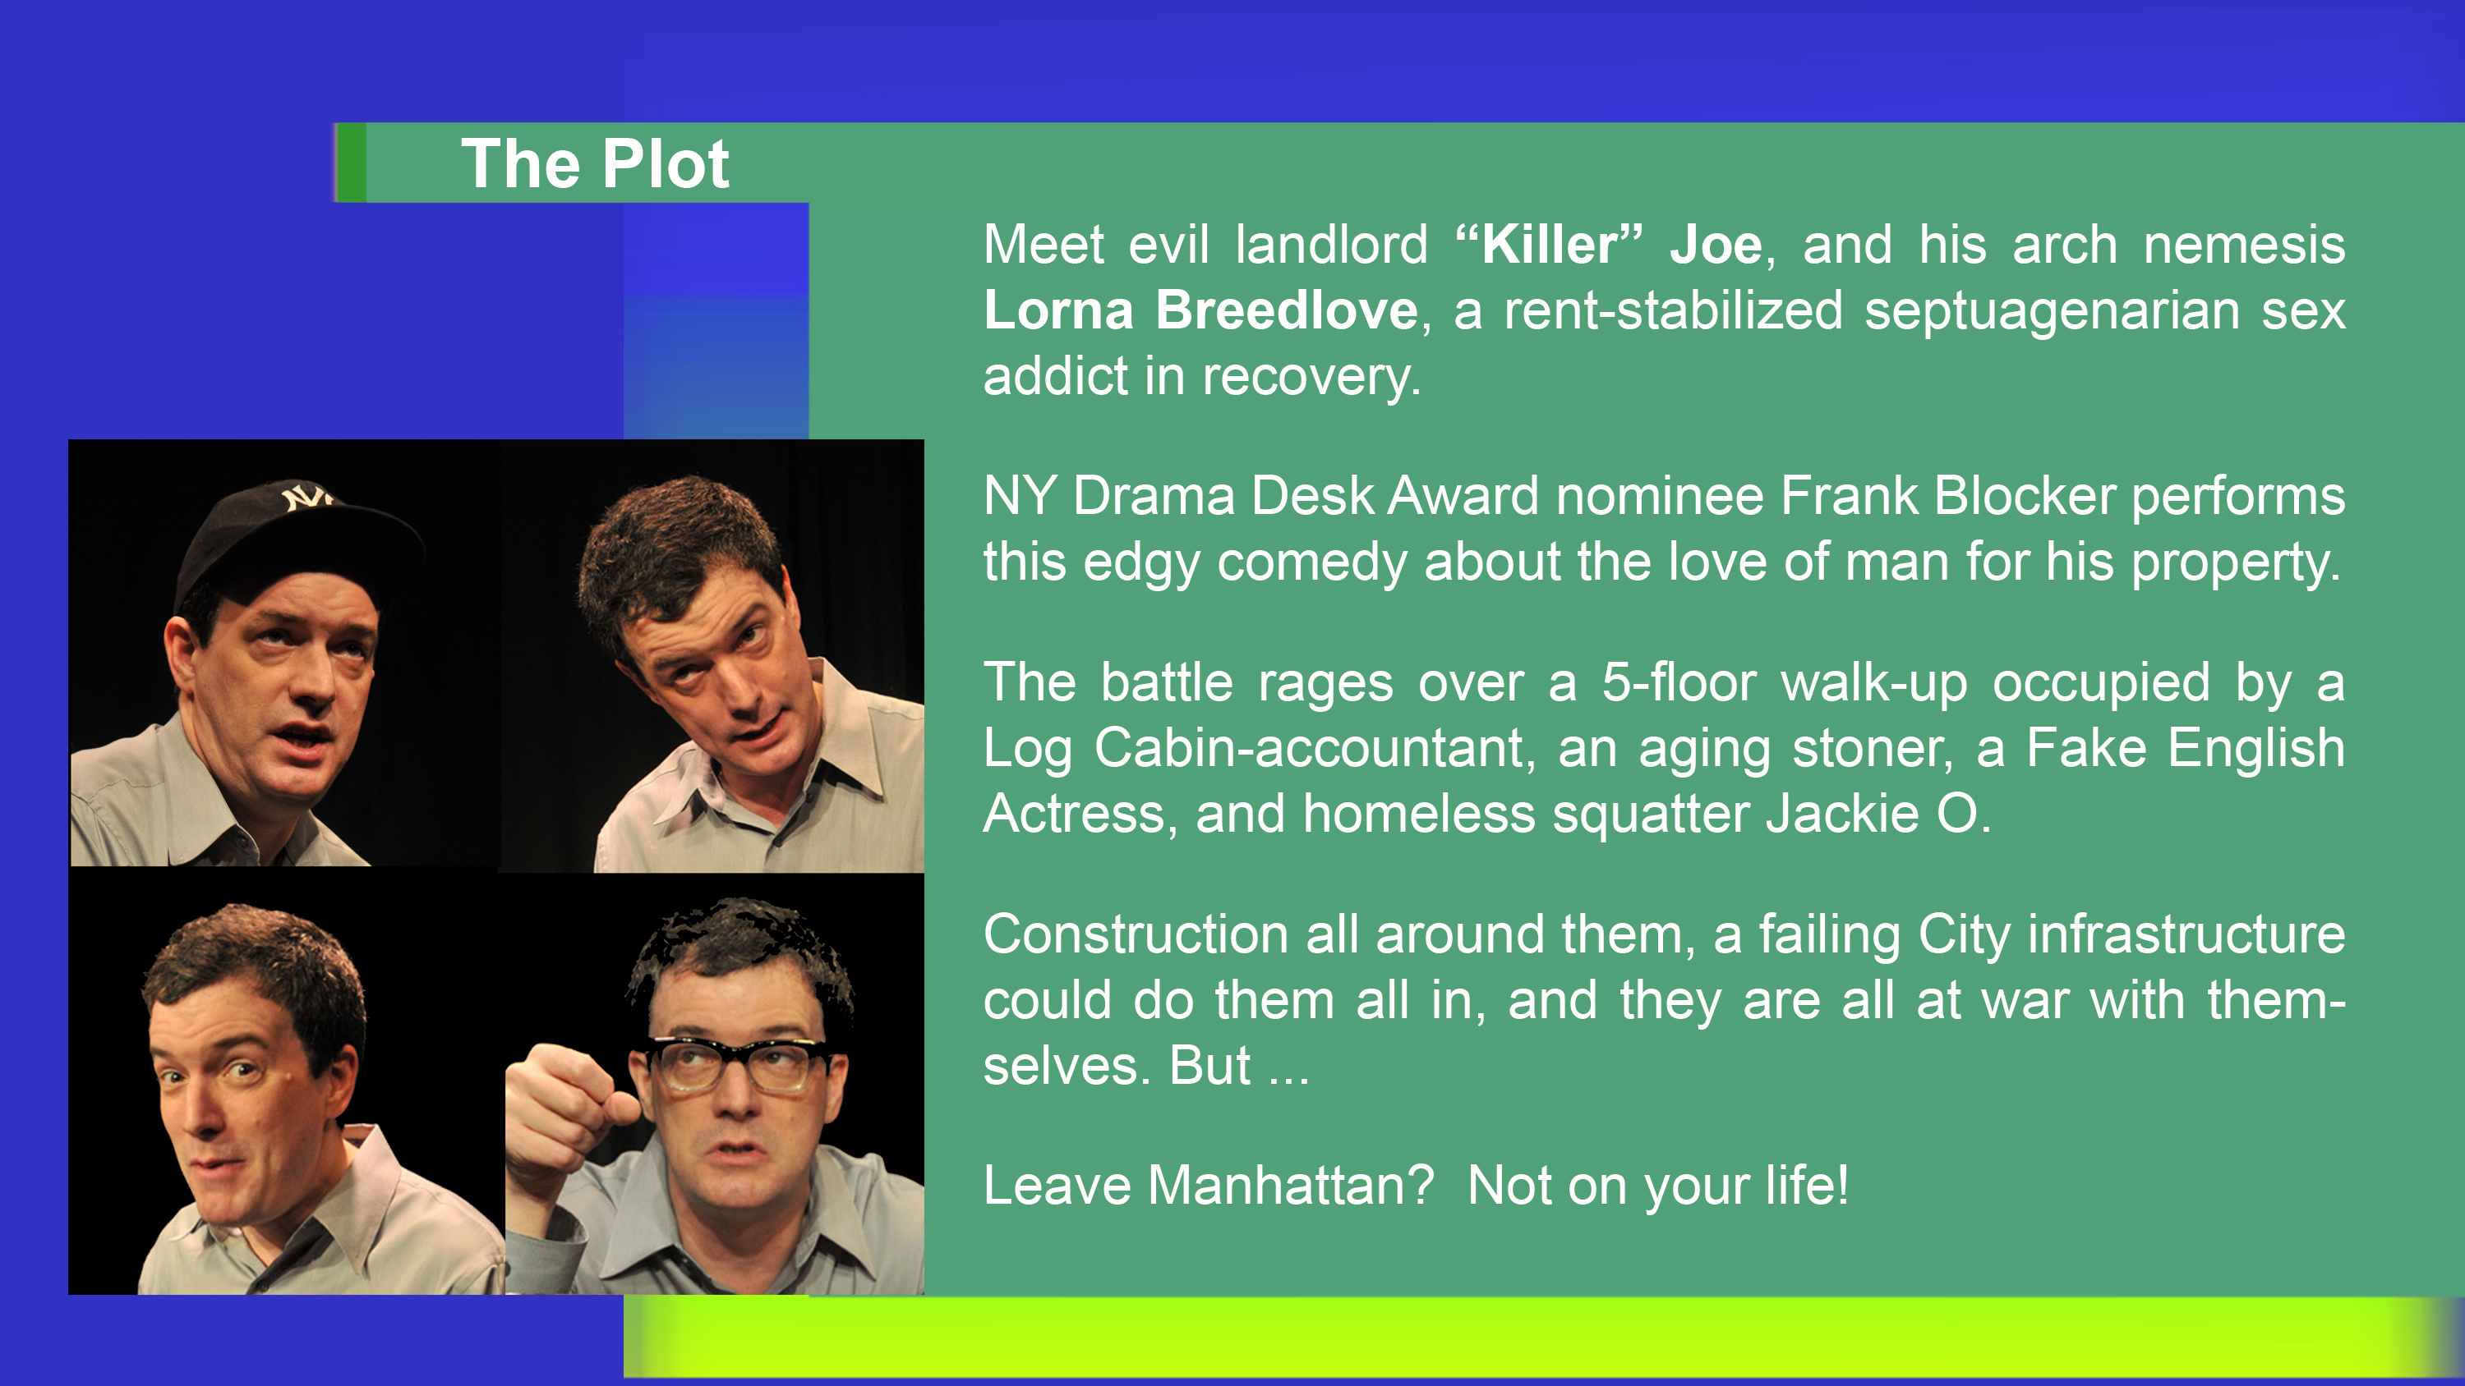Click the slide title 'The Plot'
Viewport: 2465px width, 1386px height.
tap(595, 163)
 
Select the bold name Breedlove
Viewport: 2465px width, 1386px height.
tap(1286, 310)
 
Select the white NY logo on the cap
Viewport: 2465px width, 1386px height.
tap(306, 498)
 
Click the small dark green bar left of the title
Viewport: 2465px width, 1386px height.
tap(351, 163)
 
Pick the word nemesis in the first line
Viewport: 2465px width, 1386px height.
tap(2244, 245)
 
